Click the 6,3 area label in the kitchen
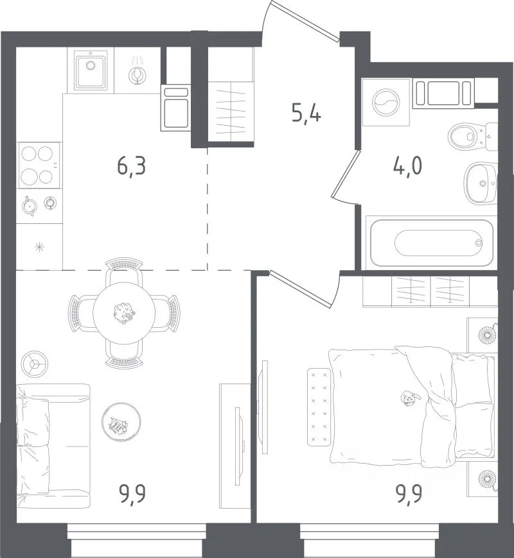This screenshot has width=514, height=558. tap(132, 167)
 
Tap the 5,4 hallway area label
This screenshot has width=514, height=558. tap(306, 113)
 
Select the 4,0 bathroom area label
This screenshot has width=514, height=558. tap(408, 166)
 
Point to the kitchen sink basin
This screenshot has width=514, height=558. tap(91, 70)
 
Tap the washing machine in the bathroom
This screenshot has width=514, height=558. tap(386, 102)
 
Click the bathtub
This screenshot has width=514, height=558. tap(432, 242)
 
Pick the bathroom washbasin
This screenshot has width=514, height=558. tap(481, 183)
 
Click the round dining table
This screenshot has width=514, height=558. tap(124, 313)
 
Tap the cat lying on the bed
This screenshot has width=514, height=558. tap(410, 398)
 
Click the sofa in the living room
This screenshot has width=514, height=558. tap(53, 446)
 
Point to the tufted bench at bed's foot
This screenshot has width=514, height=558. tap(319, 407)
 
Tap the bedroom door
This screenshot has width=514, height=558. tap(301, 288)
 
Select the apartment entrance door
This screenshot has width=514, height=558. tap(304, 21)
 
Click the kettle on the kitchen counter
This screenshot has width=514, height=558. tap(29, 206)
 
